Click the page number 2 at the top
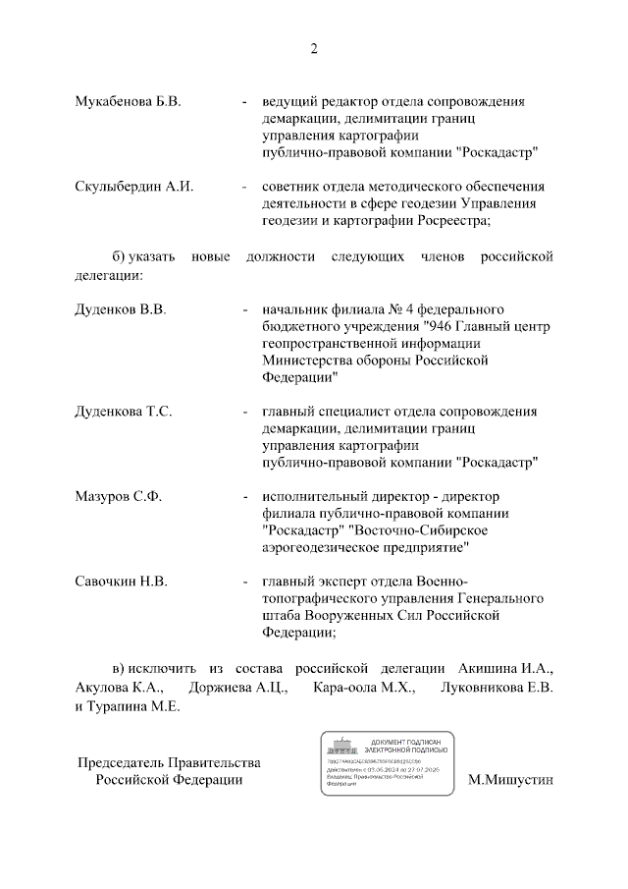(314, 49)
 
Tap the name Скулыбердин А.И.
(133, 187)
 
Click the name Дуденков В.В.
(121, 309)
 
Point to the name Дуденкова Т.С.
(124, 412)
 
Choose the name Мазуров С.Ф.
(119, 496)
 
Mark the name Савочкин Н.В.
(122, 581)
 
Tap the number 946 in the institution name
(441, 326)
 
